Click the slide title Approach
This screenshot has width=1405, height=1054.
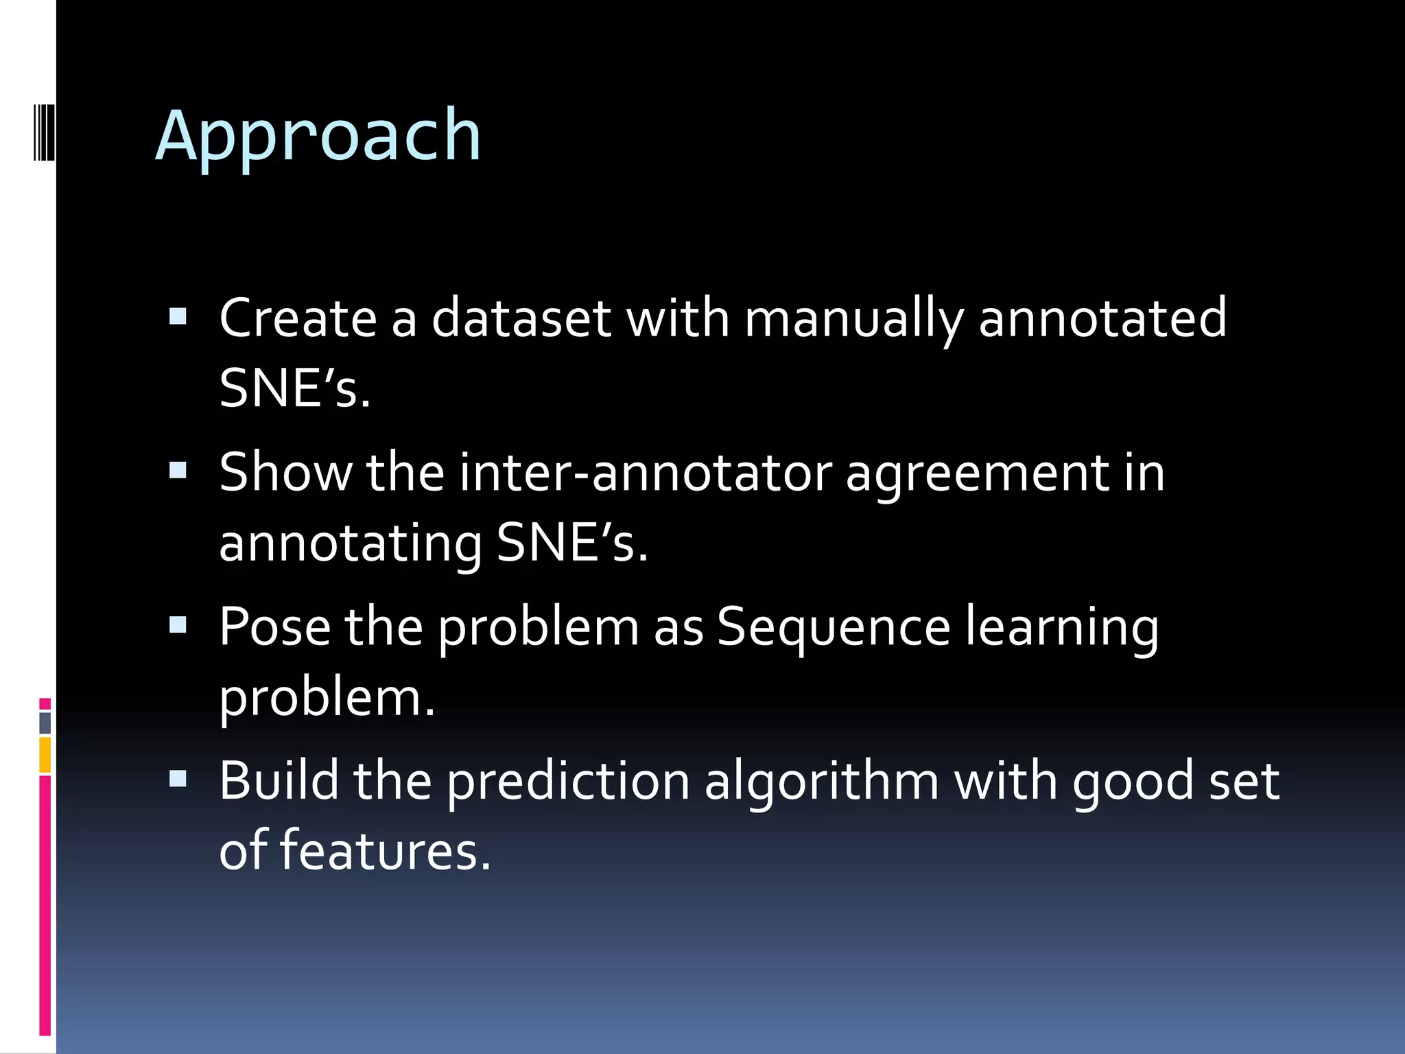point(318,137)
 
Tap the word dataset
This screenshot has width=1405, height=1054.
point(521,318)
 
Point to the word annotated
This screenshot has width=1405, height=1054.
point(1102,318)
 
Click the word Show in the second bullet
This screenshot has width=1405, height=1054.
point(285,473)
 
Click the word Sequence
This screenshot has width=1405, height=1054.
point(834,629)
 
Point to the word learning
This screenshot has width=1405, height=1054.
point(1062,629)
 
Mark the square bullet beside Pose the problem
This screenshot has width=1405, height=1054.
point(178,624)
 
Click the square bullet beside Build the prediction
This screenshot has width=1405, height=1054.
point(178,778)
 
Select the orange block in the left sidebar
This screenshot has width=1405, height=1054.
point(45,755)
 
